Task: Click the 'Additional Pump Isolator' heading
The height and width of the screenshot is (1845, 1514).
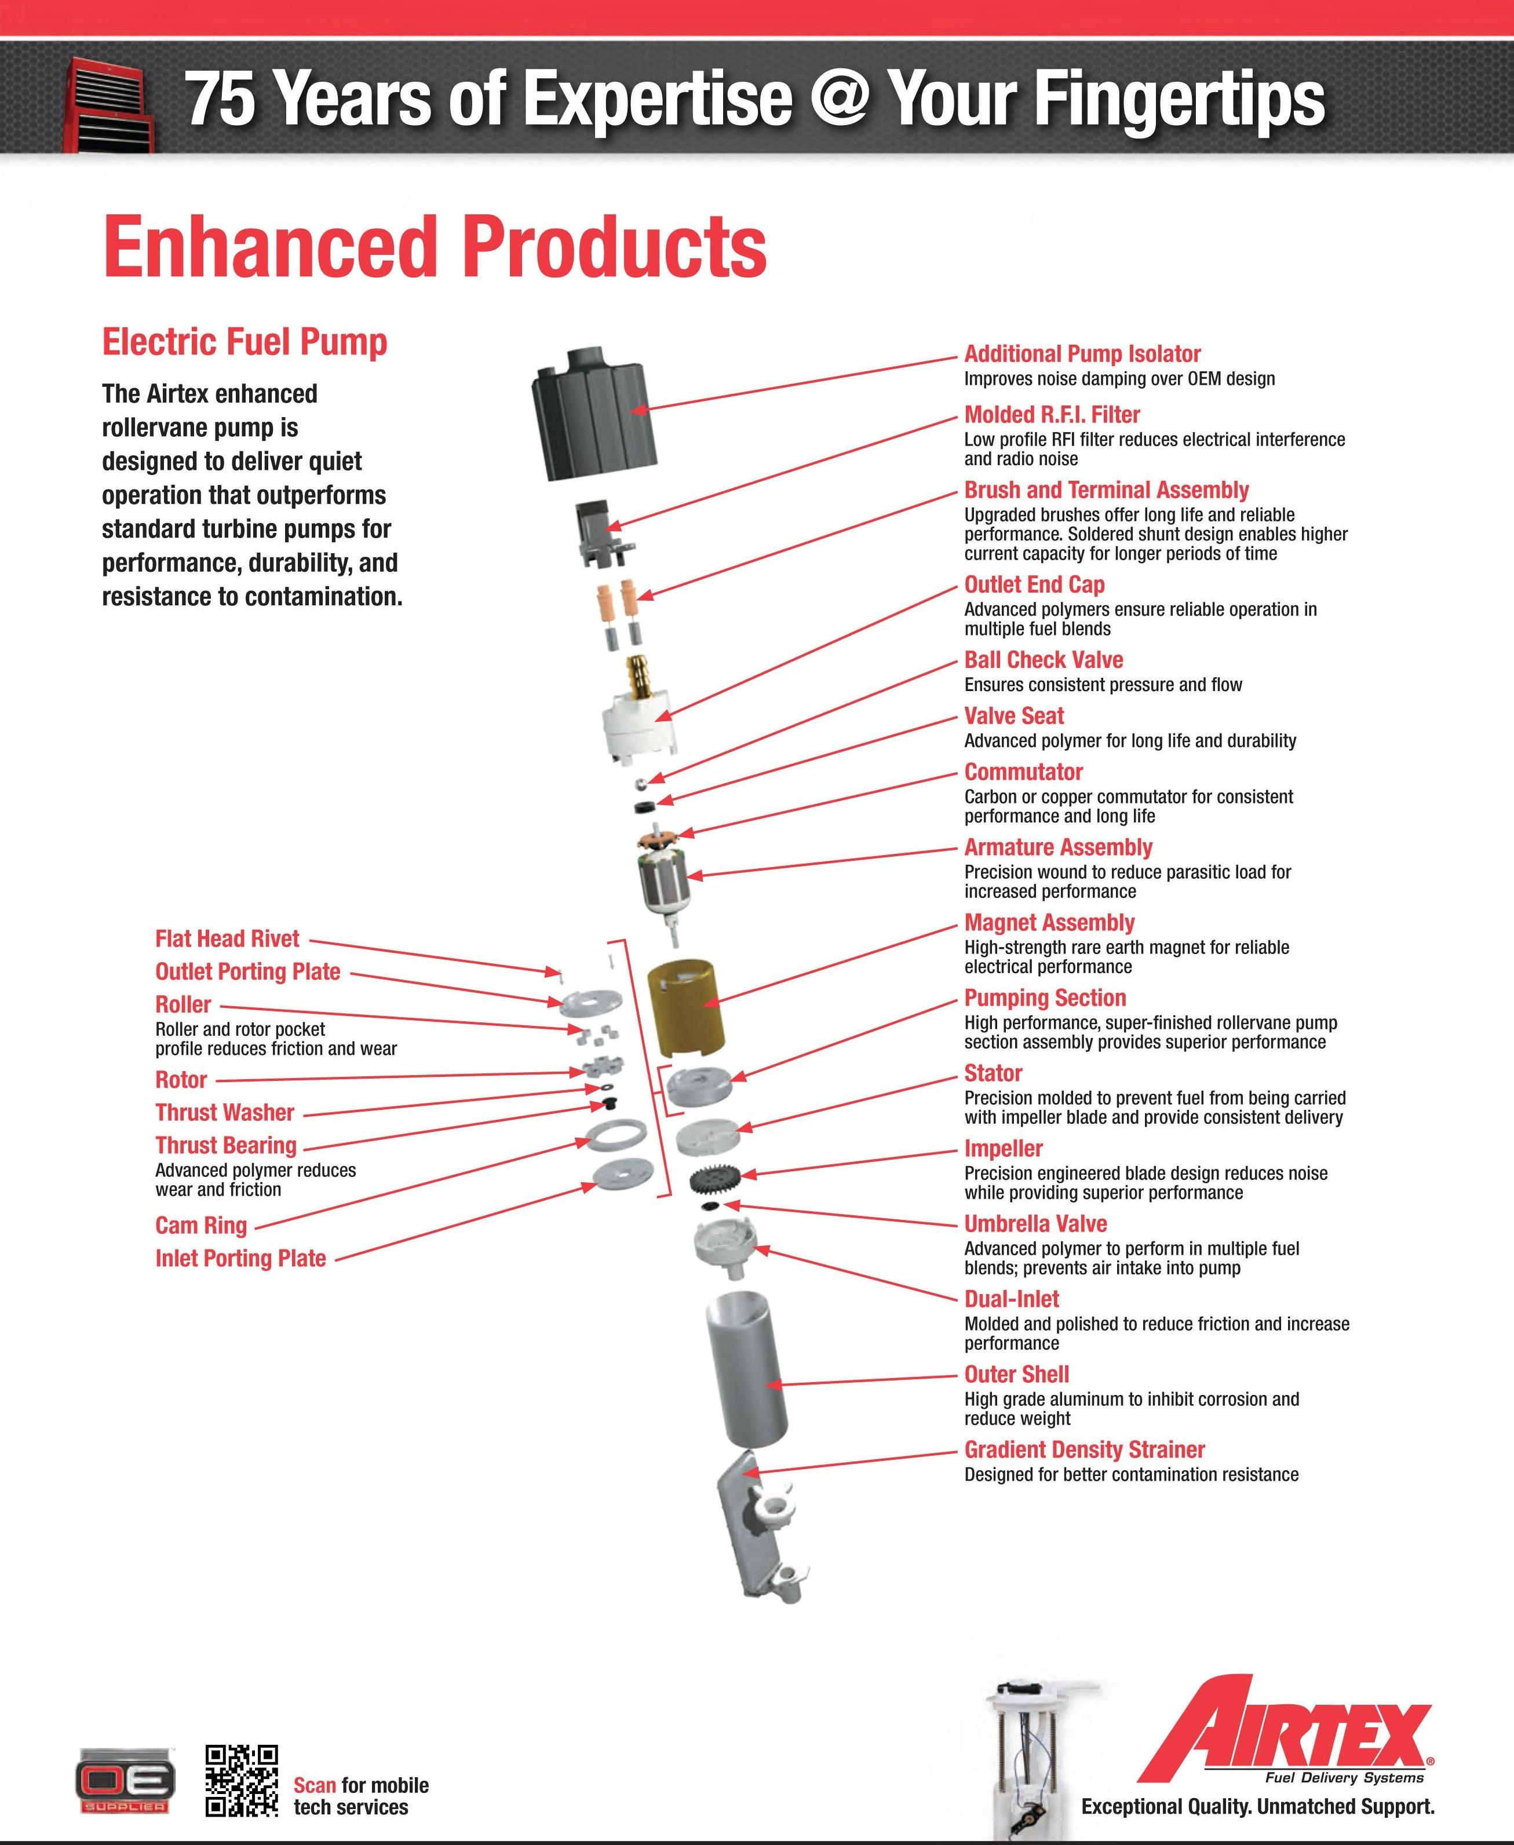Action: pos(1081,354)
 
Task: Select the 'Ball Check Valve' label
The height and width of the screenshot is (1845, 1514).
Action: pos(1043,660)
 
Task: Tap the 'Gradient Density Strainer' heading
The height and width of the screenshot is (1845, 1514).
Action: pos(1084,1450)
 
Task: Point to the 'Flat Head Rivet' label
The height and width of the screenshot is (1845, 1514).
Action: pos(227,939)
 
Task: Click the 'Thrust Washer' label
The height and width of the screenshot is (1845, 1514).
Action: pos(225,1113)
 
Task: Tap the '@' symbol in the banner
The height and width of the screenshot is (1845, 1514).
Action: pos(839,98)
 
